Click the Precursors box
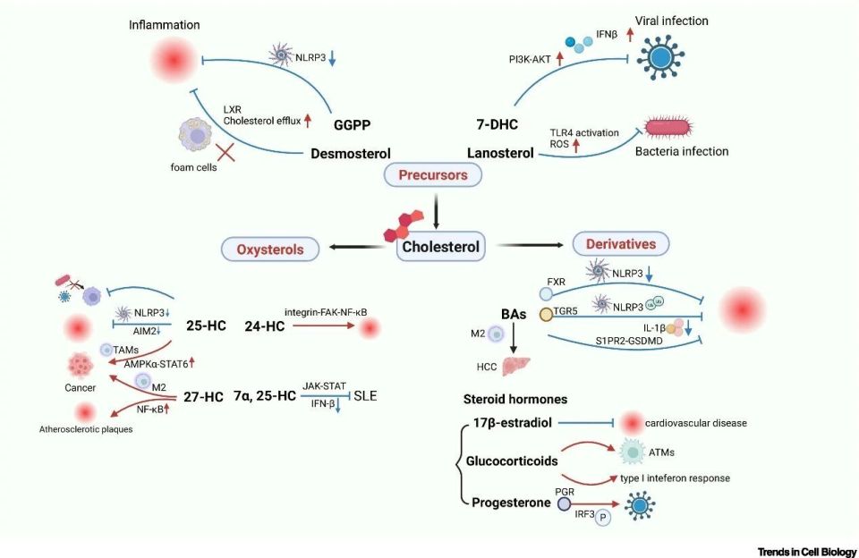(x=433, y=175)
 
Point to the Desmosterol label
(x=350, y=153)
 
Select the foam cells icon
(x=195, y=135)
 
